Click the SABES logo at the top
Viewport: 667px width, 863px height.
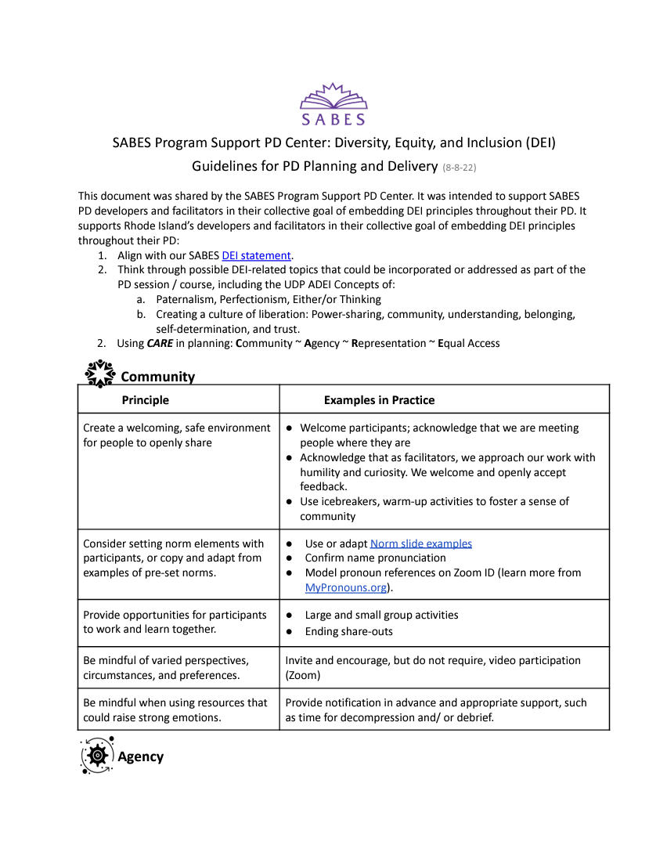(x=333, y=104)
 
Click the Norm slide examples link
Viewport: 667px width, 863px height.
(x=420, y=543)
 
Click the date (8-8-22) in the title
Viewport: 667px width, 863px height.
(x=460, y=168)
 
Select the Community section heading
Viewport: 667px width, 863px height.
(x=157, y=377)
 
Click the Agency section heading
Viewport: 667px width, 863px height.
(x=140, y=756)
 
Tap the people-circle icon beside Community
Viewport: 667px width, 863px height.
(x=99, y=374)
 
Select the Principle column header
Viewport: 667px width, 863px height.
(x=145, y=400)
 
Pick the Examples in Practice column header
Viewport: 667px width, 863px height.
(x=379, y=400)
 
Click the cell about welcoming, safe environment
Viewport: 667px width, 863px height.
(x=177, y=435)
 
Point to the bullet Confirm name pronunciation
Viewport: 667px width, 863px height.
(x=375, y=558)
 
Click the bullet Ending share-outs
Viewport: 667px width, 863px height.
(x=348, y=631)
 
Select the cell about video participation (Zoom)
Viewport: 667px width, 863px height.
(x=433, y=667)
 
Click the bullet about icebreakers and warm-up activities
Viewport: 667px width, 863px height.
(x=434, y=508)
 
